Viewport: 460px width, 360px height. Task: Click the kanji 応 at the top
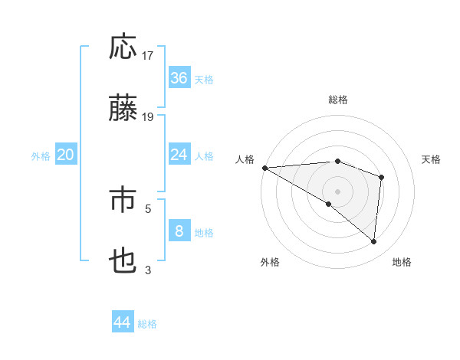coord(123,47)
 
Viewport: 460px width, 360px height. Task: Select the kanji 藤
coord(123,109)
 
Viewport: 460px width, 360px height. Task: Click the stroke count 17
coord(149,56)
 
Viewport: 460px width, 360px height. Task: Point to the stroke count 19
coord(149,117)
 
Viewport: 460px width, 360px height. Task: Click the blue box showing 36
coord(179,78)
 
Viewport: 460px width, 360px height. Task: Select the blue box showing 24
coord(179,155)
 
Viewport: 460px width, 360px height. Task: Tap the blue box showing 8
coord(179,231)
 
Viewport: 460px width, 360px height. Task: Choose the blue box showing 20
coord(66,155)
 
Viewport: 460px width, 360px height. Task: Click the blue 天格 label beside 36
coord(204,80)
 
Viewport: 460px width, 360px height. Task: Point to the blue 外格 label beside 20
coord(41,156)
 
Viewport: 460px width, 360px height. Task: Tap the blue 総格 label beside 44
coord(147,324)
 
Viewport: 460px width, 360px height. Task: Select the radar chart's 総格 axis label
coord(337,100)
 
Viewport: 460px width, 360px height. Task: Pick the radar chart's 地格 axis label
coord(402,262)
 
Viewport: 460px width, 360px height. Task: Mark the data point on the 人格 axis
coord(264,168)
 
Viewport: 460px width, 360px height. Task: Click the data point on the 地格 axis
coord(374,241)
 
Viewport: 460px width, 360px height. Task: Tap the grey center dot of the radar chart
coord(337,191)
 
